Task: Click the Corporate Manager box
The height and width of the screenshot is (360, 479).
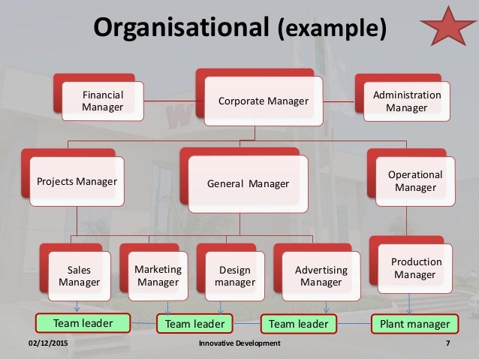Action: (x=263, y=101)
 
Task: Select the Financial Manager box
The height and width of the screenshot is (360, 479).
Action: (x=102, y=101)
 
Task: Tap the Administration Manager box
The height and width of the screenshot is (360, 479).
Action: (x=406, y=101)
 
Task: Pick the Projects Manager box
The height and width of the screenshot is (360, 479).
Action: (x=77, y=181)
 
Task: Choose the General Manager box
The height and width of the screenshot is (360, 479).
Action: (x=248, y=183)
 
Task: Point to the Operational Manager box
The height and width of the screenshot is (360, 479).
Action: (x=415, y=181)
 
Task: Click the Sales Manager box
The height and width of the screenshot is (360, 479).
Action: (x=79, y=276)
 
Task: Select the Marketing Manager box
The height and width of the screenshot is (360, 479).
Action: (x=158, y=275)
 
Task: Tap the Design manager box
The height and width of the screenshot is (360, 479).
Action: (x=234, y=276)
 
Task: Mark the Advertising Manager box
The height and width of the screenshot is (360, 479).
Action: (x=321, y=276)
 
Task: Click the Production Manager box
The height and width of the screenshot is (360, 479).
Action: (x=414, y=268)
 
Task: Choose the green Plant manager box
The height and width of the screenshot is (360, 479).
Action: (x=414, y=324)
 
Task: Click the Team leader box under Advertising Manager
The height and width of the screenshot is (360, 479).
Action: (x=298, y=324)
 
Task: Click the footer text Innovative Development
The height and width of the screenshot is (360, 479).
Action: (x=239, y=343)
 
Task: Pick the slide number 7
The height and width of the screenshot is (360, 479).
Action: (x=447, y=343)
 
